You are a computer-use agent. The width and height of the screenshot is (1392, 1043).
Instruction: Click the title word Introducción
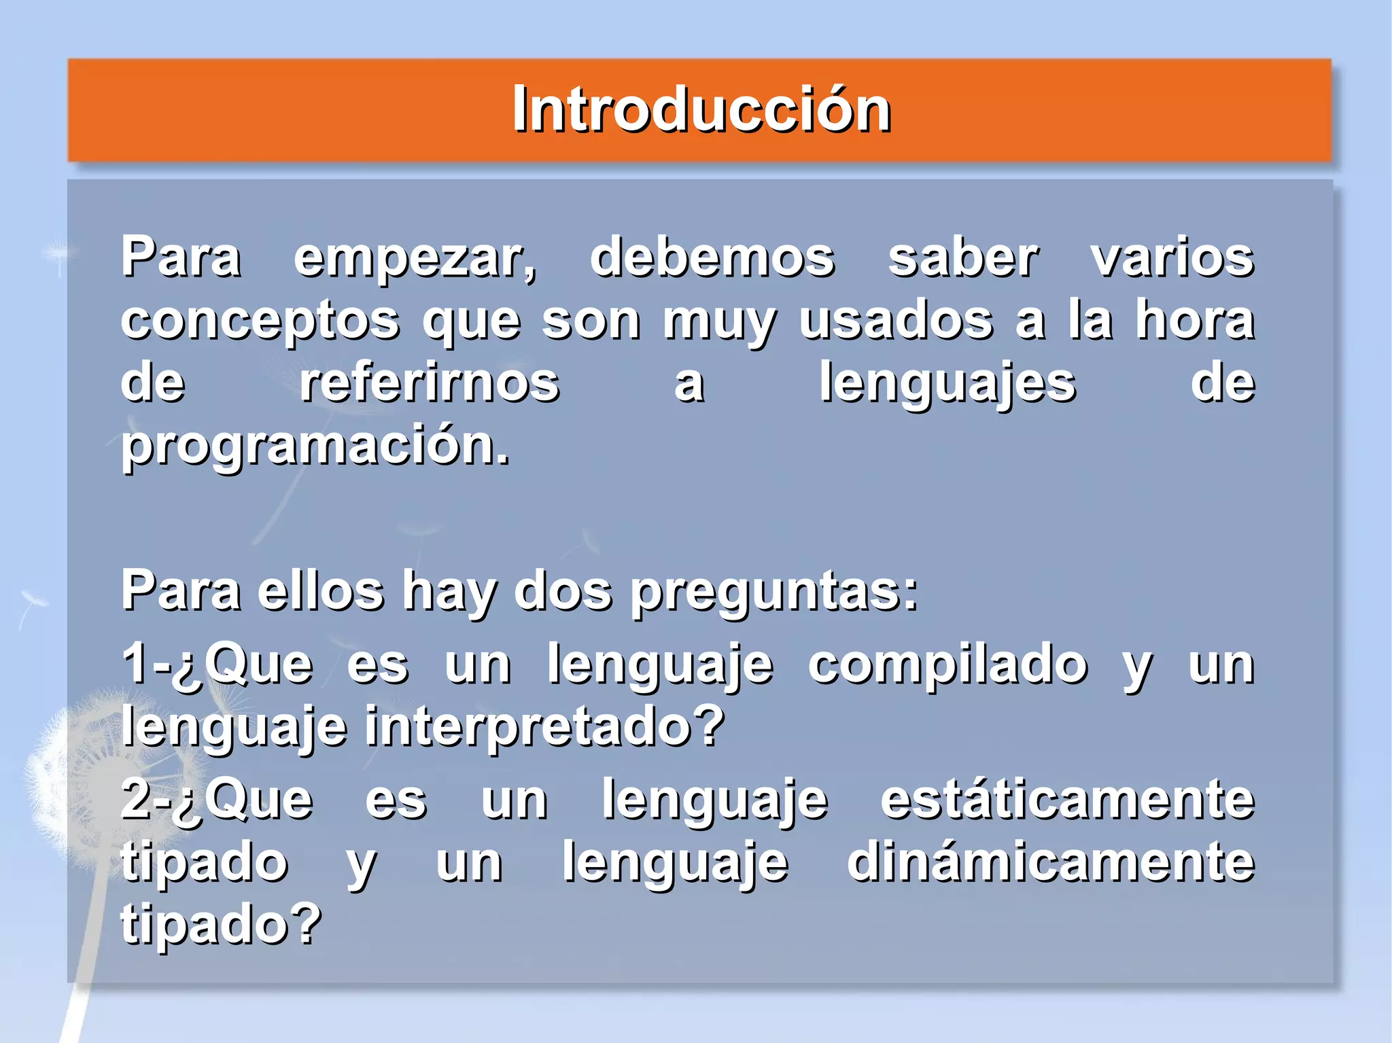pyautogui.click(x=701, y=110)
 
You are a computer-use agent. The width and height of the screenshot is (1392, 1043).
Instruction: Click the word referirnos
pyautogui.click(x=430, y=383)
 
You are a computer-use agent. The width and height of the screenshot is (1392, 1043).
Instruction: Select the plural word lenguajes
pyautogui.click(x=947, y=384)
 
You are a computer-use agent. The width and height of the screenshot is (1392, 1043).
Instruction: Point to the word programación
pyautogui.click(x=314, y=446)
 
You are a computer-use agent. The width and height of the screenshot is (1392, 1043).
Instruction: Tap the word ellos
pyautogui.click(x=321, y=590)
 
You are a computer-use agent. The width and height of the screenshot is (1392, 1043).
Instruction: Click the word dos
pyautogui.click(x=563, y=590)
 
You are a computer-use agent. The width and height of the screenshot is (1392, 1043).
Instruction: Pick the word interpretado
pyautogui.click(x=544, y=726)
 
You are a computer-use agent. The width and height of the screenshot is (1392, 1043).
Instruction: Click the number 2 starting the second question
pyautogui.click(x=136, y=799)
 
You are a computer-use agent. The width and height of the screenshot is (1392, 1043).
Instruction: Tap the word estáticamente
pyautogui.click(x=1067, y=799)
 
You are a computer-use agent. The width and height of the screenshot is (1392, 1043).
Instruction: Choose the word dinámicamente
pyautogui.click(x=1050, y=862)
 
